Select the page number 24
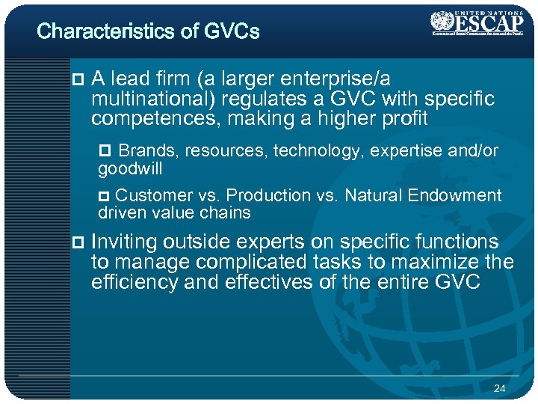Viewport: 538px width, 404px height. point(499,388)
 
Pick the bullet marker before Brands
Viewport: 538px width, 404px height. point(105,152)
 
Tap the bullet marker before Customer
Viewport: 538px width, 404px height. point(105,196)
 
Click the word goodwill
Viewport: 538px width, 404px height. point(130,169)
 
